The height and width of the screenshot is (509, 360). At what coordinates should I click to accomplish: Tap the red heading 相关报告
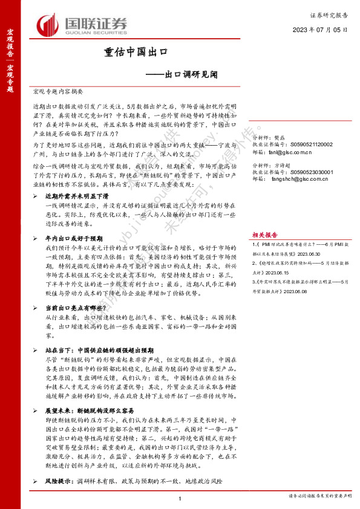pyautogui.click(x=264, y=235)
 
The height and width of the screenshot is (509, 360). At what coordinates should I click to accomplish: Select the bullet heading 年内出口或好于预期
pyautogui.click(x=71, y=239)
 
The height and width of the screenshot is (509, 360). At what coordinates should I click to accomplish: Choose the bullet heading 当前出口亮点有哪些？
pyautogui.click(x=73, y=308)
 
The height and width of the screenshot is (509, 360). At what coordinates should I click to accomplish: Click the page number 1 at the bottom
pyautogui.click(x=180, y=498)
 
